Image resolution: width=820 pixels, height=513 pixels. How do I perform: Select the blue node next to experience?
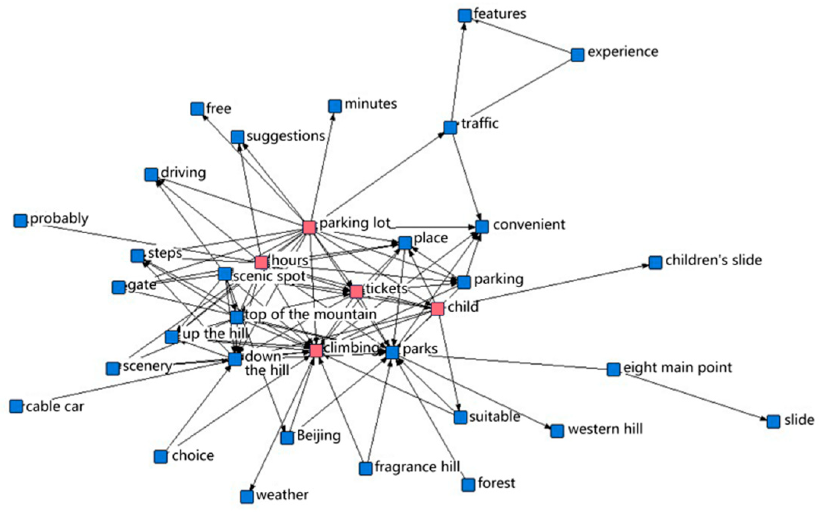tap(577, 55)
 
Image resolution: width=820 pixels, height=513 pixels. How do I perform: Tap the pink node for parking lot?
tap(309, 227)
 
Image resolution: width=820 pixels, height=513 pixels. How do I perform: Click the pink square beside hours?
tap(261, 262)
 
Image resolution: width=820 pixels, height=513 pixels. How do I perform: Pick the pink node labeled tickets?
tap(356, 291)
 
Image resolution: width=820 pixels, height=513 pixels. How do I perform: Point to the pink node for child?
tap(438, 309)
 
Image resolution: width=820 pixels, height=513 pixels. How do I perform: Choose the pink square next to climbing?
tap(316, 350)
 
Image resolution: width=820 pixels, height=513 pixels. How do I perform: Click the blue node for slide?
tap(773, 421)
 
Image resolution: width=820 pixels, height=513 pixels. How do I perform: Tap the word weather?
tap(282, 495)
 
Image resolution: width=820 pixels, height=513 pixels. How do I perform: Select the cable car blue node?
tap(16, 406)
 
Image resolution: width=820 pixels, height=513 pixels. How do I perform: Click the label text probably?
tap(59, 219)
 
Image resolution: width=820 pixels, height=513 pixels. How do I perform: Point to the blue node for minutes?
tap(335, 106)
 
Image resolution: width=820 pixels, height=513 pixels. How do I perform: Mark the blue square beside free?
tap(197, 109)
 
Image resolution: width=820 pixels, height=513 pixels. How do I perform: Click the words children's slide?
tap(714, 260)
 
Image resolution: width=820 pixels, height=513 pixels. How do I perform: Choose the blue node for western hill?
tap(557, 431)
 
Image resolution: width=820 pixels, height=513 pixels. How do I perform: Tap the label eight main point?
tap(677, 367)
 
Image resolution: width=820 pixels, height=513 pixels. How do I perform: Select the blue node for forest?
tap(468, 484)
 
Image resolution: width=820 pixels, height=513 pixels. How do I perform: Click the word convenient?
tap(529, 225)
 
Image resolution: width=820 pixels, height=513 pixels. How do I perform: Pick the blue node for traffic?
tap(450, 128)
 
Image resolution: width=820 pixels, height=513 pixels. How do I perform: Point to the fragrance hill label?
tap(417, 467)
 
